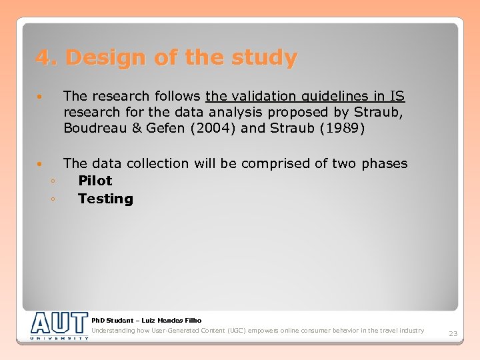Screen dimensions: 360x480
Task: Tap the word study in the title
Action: click(265, 58)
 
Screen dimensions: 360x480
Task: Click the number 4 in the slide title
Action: click(42, 58)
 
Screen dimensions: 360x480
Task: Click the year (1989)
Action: click(341, 128)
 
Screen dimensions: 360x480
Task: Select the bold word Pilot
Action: click(95, 181)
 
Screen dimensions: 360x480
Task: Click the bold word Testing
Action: click(105, 199)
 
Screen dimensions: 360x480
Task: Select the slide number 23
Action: click(453, 333)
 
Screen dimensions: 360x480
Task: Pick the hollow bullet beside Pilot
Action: click(51, 181)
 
